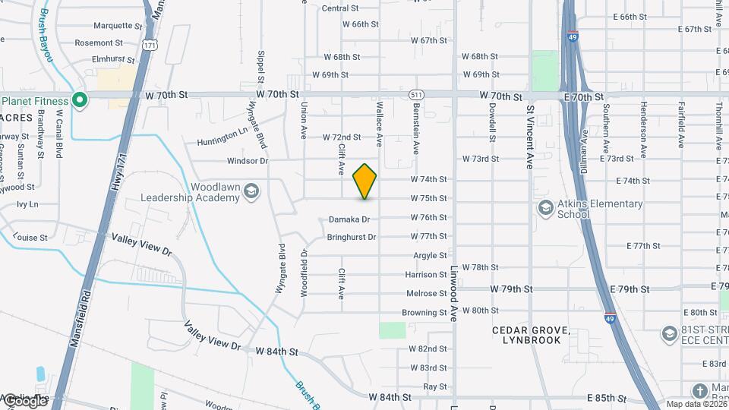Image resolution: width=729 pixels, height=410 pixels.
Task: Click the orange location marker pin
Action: coord(364,181)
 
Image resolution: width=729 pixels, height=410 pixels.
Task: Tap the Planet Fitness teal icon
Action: coord(79,100)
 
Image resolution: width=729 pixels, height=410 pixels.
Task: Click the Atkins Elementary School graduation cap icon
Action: coord(545,208)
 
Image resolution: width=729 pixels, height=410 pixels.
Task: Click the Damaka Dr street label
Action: coord(349,219)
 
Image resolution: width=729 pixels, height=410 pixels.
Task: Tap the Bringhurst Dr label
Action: coord(351,237)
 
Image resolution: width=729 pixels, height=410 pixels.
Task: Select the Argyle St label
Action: coord(430,256)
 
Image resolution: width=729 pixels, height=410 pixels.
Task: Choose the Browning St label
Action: coord(424,312)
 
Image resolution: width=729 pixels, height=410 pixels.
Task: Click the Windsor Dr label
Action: coord(248,161)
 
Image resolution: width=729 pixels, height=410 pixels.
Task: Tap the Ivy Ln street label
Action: coord(27,204)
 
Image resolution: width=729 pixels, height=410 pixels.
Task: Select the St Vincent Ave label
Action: coord(530,137)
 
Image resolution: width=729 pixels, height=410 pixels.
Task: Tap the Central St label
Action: coord(340,8)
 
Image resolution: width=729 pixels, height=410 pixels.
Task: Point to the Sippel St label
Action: coord(260,67)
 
